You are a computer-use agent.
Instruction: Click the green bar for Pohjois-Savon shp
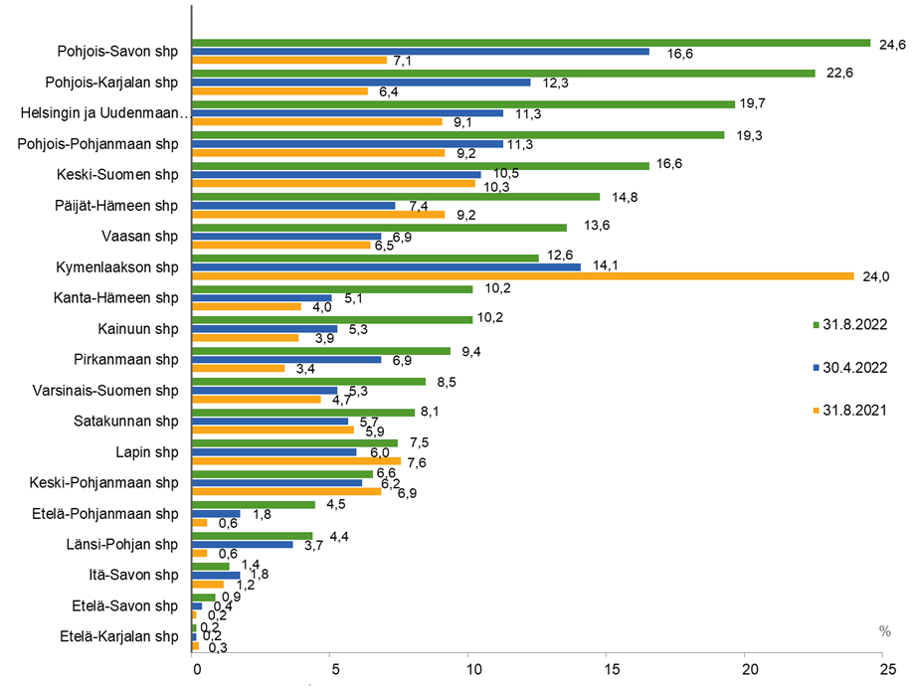point(530,43)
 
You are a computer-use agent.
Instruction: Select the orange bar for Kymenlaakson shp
point(522,275)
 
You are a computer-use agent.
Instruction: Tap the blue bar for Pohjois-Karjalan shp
point(360,82)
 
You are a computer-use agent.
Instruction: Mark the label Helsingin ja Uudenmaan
point(104,113)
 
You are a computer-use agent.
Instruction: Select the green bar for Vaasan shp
point(379,228)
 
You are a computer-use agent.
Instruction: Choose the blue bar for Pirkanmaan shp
point(286,359)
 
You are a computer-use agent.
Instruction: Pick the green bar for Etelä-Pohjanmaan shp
point(253,505)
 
